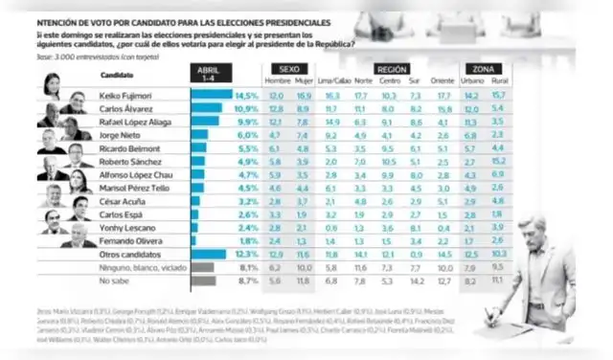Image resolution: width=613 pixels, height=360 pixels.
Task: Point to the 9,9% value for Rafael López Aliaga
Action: pyautogui.click(x=248, y=124)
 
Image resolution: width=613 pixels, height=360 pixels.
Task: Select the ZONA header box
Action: pyautogui.click(x=483, y=70)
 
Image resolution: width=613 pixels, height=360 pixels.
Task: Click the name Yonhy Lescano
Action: pyautogui.click(x=123, y=229)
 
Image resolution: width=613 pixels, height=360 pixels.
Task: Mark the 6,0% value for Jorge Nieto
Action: pyautogui.click(x=248, y=136)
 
